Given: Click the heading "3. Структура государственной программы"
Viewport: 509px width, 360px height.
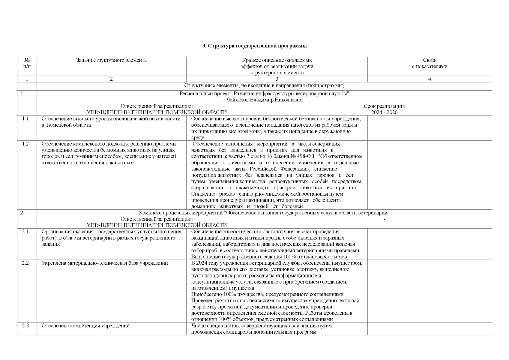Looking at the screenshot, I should (254, 46).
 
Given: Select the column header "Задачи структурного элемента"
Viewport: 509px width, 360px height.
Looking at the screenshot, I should (111, 60).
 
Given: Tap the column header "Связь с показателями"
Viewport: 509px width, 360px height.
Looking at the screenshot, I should (430, 63).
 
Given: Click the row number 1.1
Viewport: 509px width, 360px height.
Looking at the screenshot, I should (25, 118).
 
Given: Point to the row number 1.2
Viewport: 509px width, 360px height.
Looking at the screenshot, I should (25, 144).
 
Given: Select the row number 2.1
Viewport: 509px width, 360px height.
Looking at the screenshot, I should (25, 232).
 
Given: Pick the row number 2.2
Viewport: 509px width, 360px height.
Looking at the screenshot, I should (25, 263).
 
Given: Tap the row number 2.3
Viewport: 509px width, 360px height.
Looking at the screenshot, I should (25, 326).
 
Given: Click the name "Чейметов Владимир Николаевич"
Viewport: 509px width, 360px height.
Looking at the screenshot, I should (264, 100).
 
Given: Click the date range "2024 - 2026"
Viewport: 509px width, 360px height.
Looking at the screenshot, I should (384, 112).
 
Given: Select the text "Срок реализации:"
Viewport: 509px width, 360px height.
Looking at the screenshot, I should (384, 106).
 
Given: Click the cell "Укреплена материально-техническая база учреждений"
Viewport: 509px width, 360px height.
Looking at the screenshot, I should (104, 263).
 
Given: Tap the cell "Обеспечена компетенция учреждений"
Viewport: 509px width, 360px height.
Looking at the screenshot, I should (85, 326).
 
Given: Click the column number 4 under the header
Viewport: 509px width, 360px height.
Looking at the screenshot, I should (430, 79).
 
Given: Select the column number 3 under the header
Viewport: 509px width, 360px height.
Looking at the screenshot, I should (277, 79).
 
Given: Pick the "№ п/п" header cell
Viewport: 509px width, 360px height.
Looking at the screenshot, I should (27, 63).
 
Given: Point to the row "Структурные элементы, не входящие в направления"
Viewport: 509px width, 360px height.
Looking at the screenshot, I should (264, 86).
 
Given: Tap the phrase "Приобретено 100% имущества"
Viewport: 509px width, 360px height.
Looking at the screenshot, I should (223, 294).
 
